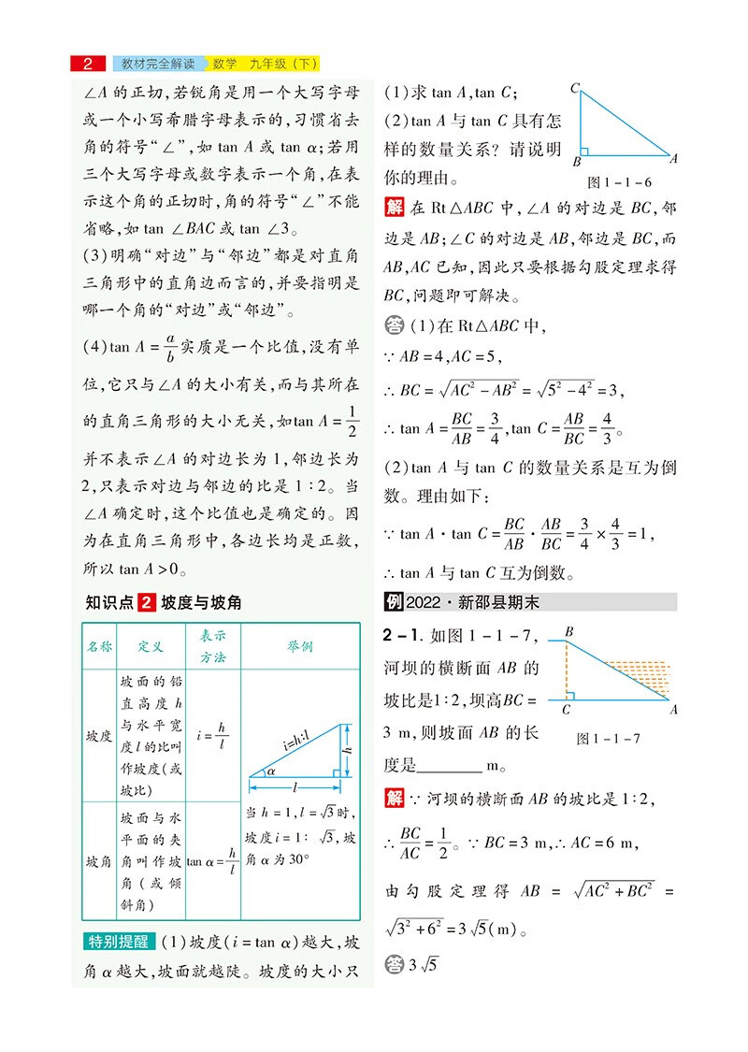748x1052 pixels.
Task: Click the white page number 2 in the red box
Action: click(87, 65)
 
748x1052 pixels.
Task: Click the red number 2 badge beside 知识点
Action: click(145, 603)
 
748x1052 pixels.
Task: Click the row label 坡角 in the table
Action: click(98, 859)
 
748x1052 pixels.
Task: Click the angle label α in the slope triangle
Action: click(271, 771)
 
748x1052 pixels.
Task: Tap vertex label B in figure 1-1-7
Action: click(568, 633)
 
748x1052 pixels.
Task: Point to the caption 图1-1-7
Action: click(609, 738)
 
